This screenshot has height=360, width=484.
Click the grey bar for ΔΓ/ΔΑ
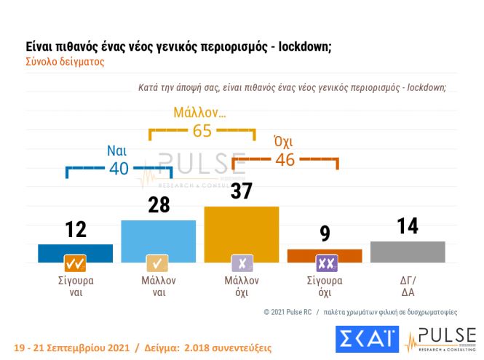click(408, 251)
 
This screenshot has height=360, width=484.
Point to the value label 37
click(242, 191)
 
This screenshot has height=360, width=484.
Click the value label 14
click(408, 226)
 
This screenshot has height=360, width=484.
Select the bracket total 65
click(202, 132)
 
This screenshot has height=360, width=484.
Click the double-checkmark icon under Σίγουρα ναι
click(75, 263)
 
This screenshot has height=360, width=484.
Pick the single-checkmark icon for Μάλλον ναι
click(158, 263)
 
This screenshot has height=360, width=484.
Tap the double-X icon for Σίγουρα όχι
click(325, 263)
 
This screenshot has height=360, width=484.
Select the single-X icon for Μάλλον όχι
click(242, 263)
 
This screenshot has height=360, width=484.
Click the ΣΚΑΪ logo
click(367, 339)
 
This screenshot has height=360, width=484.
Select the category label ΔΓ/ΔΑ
click(408, 287)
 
